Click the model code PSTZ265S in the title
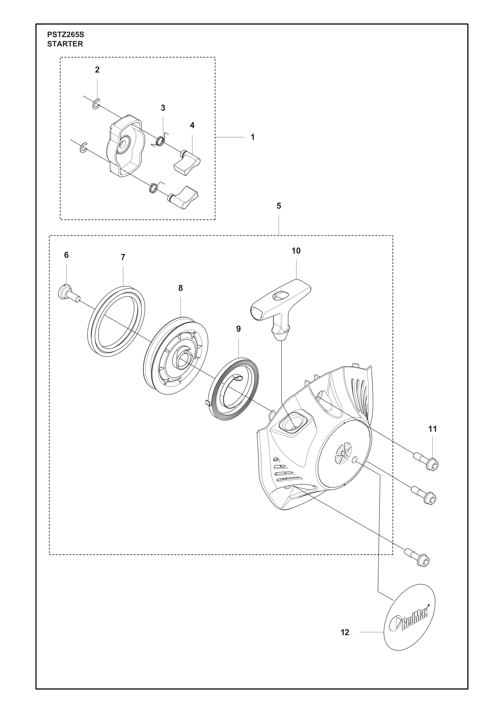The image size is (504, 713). point(66,34)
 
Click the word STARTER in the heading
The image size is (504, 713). point(65,44)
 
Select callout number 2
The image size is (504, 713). point(97,70)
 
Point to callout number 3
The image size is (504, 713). point(163,108)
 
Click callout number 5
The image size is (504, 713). point(279,206)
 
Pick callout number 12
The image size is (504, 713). point(345,632)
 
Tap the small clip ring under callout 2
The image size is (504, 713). point(96,104)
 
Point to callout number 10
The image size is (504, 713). point(296,251)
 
